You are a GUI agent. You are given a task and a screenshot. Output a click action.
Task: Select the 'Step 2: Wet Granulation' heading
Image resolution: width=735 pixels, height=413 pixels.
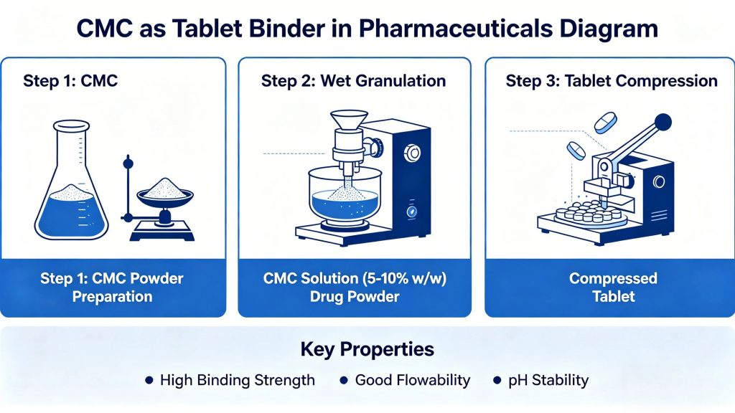pyautogui.click(x=353, y=80)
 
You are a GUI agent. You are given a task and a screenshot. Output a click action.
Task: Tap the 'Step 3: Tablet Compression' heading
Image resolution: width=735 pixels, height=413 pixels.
pyautogui.click(x=612, y=80)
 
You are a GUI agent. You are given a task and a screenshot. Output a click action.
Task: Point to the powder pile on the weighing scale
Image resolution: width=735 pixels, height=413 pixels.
pyautogui.click(x=164, y=189)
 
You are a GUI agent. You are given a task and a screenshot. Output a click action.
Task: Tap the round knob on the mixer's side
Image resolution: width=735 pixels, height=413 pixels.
pyautogui.click(x=413, y=153)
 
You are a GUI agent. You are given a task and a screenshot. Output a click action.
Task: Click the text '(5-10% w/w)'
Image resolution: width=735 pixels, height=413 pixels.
pyautogui.click(x=407, y=278)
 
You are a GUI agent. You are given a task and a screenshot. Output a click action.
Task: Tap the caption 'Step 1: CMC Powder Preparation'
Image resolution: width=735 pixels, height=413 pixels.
pyautogui.click(x=112, y=287)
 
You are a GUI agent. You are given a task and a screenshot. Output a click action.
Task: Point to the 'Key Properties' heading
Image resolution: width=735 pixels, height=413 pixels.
pyautogui.click(x=367, y=350)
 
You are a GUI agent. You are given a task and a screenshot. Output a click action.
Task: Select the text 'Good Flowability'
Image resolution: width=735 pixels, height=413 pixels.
pyautogui.click(x=413, y=380)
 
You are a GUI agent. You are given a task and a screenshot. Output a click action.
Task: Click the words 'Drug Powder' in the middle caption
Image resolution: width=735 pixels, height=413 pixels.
pyautogui.click(x=354, y=296)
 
